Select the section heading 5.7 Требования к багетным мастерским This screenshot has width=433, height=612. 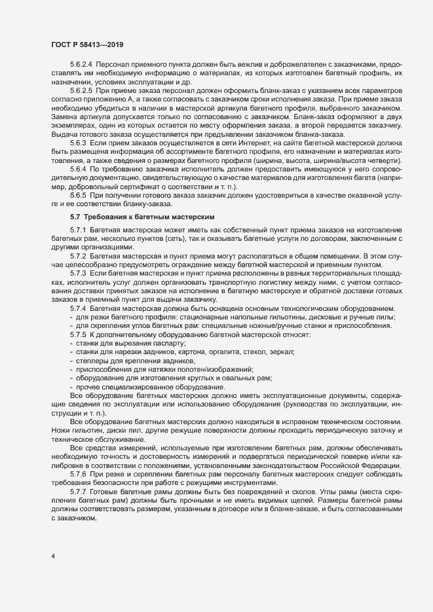tap(146, 215)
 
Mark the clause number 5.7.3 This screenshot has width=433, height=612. tap(79, 272)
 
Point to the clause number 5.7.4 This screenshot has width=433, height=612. tap(79, 307)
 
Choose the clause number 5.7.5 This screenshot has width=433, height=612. tap(79, 335)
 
